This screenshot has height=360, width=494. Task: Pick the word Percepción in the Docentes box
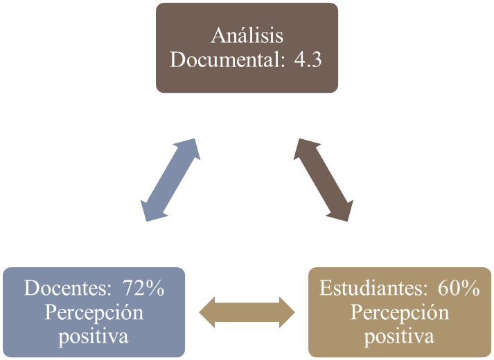click(94, 312)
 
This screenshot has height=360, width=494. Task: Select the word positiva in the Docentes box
click(94, 336)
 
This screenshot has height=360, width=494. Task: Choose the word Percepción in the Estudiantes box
click(400, 312)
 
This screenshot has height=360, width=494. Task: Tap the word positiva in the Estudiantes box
click(400, 336)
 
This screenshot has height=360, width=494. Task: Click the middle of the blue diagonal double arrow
click(170, 179)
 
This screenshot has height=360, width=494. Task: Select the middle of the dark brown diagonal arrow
click(324, 179)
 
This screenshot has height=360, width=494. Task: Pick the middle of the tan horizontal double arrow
click(247, 312)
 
